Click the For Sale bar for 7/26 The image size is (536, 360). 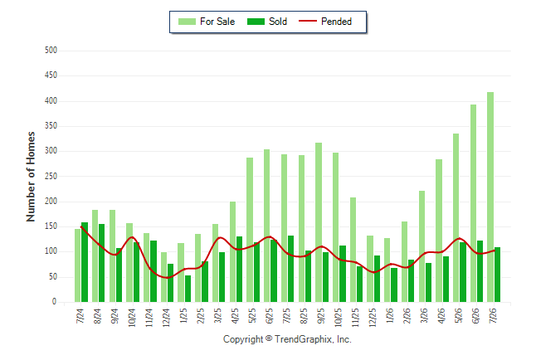[490, 197]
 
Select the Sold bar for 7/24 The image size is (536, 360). [85, 262]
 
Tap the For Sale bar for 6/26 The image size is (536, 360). [473, 203]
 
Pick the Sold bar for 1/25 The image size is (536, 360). [188, 289]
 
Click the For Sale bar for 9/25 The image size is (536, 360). [319, 222]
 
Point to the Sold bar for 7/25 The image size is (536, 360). [291, 269]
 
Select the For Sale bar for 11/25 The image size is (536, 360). [353, 250]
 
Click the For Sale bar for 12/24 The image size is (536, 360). [163, 277]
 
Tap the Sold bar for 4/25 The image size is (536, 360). [239, 269]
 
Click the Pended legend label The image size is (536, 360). [336, 22]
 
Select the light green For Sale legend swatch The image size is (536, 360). [187, 22]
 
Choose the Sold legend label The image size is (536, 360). [278, 22]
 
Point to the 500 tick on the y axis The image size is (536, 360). [51, 51]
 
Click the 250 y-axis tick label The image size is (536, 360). [51, 176]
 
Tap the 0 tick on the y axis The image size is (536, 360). [55, 302]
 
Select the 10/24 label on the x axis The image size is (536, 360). [132, 318]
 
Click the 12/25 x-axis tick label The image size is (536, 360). [373, 318]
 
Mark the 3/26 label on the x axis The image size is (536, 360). [424, 315]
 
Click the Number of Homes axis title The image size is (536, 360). [31, 177]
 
